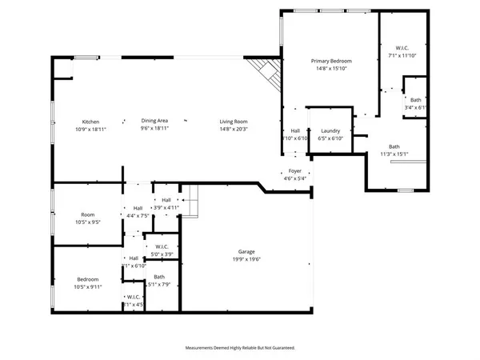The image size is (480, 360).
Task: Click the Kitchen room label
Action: pos(90,122)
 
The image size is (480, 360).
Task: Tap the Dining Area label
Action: pos(154,122)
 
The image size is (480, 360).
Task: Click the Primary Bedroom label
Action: pos(331,61)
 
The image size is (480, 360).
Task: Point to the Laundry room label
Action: pos(331,130)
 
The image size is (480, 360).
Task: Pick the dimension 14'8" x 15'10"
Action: pos(331,69)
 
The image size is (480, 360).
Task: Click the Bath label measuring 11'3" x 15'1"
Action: pos(394,146)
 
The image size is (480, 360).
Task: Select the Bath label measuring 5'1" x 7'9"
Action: pos(159,276)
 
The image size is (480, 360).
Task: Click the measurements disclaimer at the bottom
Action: pos(240,348)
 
